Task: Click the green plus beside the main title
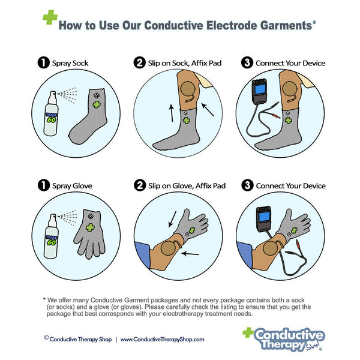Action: [50, 17]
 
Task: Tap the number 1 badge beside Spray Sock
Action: [43, 62]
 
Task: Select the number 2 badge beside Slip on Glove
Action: [140, 185]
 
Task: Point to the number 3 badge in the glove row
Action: [247, 185]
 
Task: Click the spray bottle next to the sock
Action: [51, 113]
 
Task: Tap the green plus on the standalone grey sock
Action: [97, 104]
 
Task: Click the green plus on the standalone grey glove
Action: [90, 227]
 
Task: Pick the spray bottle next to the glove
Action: [51, 236]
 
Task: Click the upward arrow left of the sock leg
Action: [171, 113]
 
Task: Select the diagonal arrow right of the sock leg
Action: [208, 110]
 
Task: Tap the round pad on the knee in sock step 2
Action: [188, 89]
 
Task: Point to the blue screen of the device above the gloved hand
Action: [264, 217]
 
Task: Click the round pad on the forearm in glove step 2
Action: [169, 248]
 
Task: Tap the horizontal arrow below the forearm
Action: [190, 253]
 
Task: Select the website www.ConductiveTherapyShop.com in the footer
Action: [163, 340]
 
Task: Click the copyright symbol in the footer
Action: [46, 337]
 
